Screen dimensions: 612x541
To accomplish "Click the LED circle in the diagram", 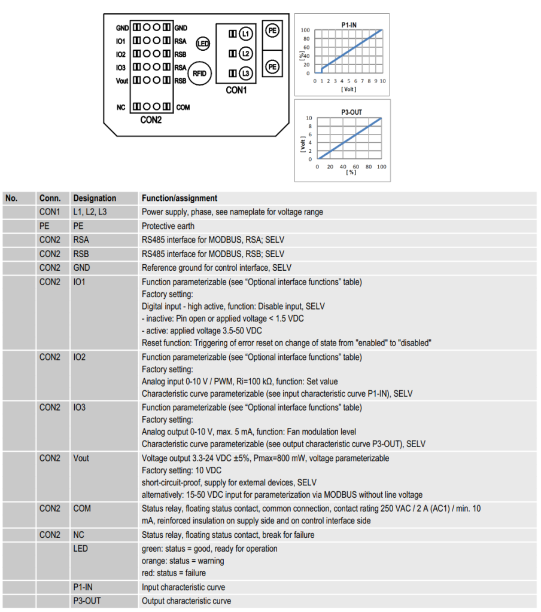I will [x=203, y=43].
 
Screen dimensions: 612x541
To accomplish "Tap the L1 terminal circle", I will [x=245, y=33].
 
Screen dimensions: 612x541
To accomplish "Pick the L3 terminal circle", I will [x=245, y=74].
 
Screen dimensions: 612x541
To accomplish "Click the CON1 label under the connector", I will [x=236, y=90].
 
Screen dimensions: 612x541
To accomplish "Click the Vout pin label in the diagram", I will [x=122, y=80].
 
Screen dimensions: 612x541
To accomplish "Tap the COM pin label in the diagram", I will [x=183, y=107].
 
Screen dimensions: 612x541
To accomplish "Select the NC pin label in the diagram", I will [x=121, y=107].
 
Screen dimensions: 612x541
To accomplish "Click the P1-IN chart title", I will [x=349, y=25].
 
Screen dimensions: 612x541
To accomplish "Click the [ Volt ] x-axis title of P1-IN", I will [x=348, y=89].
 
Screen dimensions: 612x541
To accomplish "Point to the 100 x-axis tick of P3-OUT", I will [x=381, y=166].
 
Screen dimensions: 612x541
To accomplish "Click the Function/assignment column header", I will [x=180, y=198].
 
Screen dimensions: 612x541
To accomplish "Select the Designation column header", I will [x=95, y=198].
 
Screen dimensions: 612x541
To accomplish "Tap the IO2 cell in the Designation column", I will [x=79, y=357].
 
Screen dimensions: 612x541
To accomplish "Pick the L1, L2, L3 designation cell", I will [x=90, y=212].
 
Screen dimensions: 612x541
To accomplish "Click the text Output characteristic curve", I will [x=186, y=601].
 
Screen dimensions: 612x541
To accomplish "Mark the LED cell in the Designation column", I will [x=80, y=549].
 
